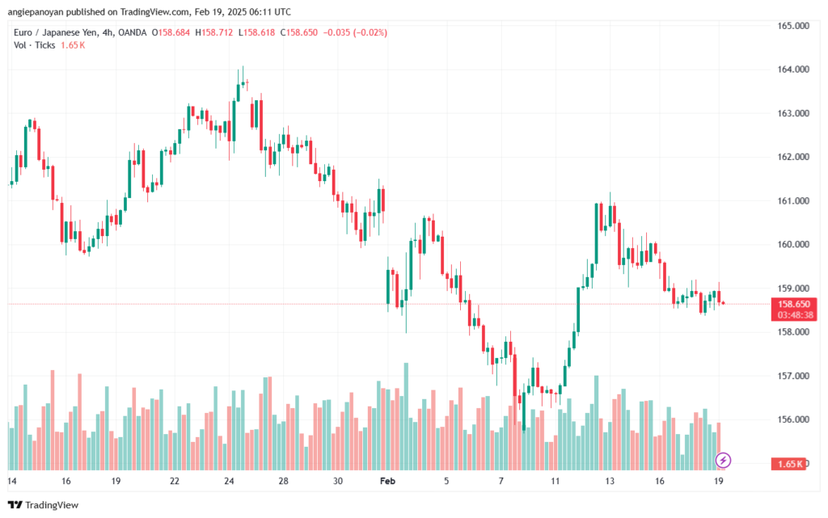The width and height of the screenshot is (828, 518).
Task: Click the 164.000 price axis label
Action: [793, 69]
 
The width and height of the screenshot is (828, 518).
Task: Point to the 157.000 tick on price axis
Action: [793, 376]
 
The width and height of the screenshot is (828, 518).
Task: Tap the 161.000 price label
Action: [793, 200]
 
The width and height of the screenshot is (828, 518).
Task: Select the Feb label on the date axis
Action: [388, 480]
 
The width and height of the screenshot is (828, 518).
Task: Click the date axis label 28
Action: [283, 480]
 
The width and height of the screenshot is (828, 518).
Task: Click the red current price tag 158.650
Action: [788, 304]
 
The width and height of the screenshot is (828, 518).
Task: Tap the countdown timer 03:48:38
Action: [788, 314]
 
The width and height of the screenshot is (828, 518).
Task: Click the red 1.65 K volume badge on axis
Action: [788, 464]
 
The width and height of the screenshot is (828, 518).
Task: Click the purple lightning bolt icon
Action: [724, 461]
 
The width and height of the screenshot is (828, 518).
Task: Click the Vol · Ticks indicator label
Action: [34, 44]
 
